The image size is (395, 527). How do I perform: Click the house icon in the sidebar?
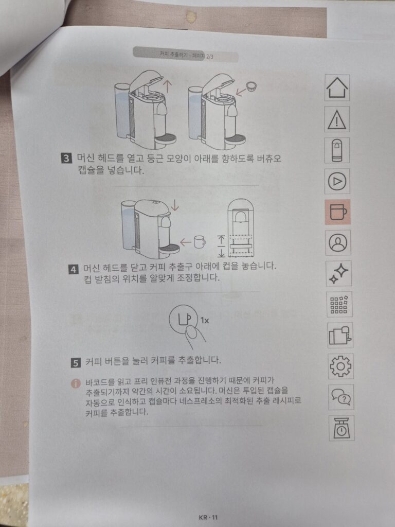tap(337, 87)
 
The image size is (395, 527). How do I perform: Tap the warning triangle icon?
tap(337, 119)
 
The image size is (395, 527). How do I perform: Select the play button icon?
tap(337, 181)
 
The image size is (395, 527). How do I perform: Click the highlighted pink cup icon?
tap(337, 212)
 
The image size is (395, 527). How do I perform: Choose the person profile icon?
tap(338, 243)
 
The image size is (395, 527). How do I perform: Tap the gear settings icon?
tap(340, 366)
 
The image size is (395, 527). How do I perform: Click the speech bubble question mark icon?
tap(341, 397)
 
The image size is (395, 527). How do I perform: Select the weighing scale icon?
tap(342, 428)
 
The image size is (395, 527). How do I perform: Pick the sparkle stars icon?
tap(338, 274)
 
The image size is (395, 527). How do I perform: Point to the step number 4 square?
tap(73, 270)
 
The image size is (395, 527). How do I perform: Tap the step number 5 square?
tap(76, 363)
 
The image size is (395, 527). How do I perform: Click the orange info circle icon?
tap(76, 383)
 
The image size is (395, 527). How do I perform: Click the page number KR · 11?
tap(208, 517)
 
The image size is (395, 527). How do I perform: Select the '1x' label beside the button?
tap(205, 321)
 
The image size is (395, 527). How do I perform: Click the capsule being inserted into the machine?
tap(250, 86)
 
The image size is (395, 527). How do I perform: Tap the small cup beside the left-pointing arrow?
tap(199, 241)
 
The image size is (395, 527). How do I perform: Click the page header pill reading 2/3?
tap(186, 55)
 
